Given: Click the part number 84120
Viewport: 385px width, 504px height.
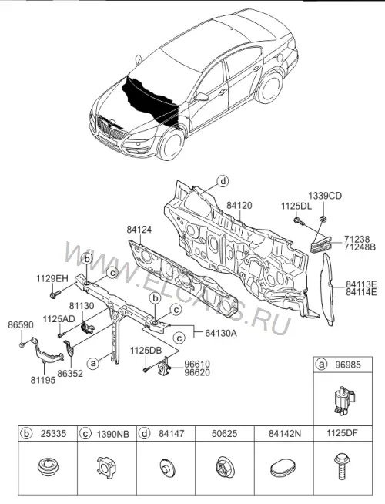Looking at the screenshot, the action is (x=239, y=206).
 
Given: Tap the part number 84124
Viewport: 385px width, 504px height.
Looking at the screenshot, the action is (x=139, y=230).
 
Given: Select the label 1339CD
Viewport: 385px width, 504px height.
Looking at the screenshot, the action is (x=325, y=196).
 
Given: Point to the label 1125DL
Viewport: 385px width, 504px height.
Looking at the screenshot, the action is (x=296, y=207).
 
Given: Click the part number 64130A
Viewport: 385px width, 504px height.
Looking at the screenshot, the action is (x=221, y=333).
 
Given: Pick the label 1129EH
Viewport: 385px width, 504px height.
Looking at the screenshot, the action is (x=52, y=278).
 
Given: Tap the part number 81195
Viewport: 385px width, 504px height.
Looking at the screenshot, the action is (x=43, y=380).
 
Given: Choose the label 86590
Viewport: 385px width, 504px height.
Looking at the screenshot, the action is (x=21, y=325).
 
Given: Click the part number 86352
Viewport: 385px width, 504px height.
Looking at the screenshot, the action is (x=70, y=374).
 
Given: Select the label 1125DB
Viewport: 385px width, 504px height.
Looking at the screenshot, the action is (x=146, y=351).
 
